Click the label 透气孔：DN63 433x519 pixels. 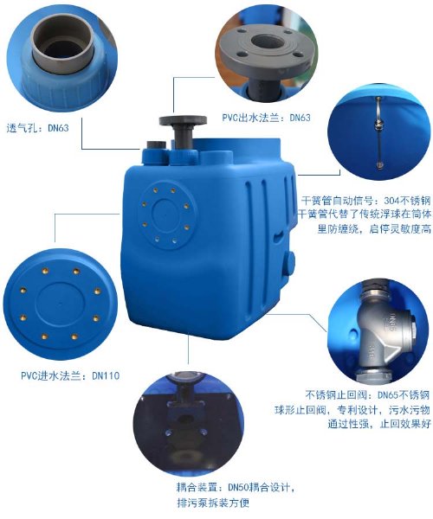tap(38, 128)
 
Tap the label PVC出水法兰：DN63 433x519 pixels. tap(267, 118)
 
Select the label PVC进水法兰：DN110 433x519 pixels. tap(70, 375)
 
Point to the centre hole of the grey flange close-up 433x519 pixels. tap(267, 42)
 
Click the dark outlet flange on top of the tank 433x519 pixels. tap(183, 131)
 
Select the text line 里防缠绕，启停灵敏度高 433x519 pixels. tap(374, 228)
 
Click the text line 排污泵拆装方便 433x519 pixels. tap(213, 503)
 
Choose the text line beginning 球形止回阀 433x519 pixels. tap(352, 410)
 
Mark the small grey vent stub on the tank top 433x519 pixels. tap(156, 144)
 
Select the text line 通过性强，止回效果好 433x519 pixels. tap(378, 424)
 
